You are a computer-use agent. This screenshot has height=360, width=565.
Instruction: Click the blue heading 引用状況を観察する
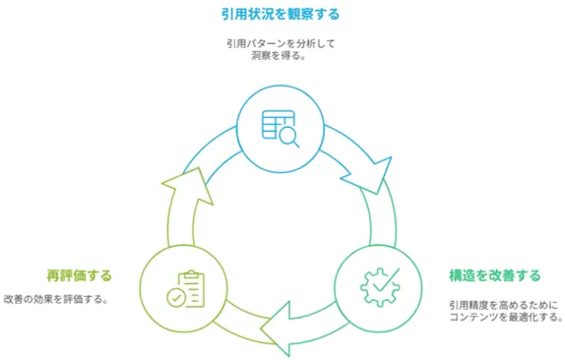(x=281, y=15)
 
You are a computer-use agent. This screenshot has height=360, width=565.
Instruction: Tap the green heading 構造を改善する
(x=495, y=275)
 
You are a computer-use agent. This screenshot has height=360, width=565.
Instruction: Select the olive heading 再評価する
(x=80, y=275)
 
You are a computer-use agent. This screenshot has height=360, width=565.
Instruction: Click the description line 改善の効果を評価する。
(x=56, y=300)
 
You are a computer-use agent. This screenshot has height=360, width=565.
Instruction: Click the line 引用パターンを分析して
(x=281, y=44)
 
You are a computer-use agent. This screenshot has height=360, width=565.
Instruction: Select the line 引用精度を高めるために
(x=503, y=306)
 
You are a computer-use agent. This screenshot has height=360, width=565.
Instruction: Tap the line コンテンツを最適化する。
(x=506, y=318)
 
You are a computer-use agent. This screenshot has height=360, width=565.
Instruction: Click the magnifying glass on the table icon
(x=289, y=138)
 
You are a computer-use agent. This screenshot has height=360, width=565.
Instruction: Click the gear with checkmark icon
(x=380, y=287)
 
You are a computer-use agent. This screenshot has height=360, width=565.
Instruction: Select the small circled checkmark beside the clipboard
(x=176, y=298)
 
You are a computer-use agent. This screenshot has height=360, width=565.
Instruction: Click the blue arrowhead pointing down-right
(x=371, y=176)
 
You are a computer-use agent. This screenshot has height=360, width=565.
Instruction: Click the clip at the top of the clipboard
(x=192, y=274)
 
